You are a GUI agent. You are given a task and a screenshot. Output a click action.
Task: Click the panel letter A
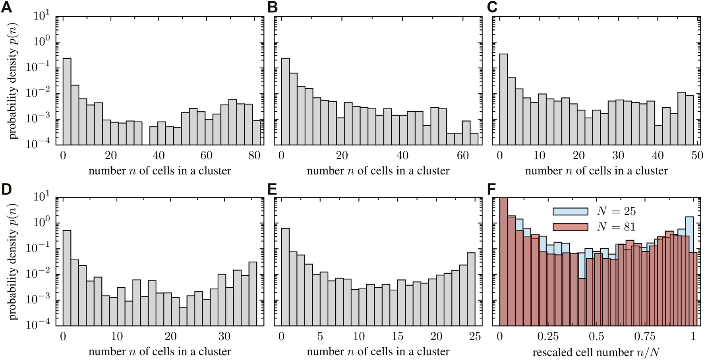coord(6,7)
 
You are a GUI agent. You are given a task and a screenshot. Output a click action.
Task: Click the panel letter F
coord(491,189)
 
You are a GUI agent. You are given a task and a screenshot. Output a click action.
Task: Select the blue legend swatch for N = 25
coord(570,211)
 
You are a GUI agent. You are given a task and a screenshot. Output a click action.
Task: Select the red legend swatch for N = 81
coord(570,227)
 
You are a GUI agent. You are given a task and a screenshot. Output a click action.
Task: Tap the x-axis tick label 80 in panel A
coord(254,155)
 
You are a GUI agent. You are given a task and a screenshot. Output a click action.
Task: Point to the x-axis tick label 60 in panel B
coord(463,155)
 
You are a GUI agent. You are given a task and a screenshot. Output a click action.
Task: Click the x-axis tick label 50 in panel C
coord(697,155)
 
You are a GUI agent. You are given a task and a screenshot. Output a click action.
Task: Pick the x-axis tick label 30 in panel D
coord(224,336)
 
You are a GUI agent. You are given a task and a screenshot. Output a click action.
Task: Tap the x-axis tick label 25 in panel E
coord(475,336)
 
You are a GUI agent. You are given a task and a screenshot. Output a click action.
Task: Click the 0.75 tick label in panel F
coord(644,336)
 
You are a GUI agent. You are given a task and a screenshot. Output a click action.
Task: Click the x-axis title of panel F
coord(596,352)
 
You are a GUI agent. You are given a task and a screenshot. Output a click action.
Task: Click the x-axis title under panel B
coord(378,171)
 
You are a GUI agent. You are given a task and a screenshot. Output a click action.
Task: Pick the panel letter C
coord(492,7)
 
